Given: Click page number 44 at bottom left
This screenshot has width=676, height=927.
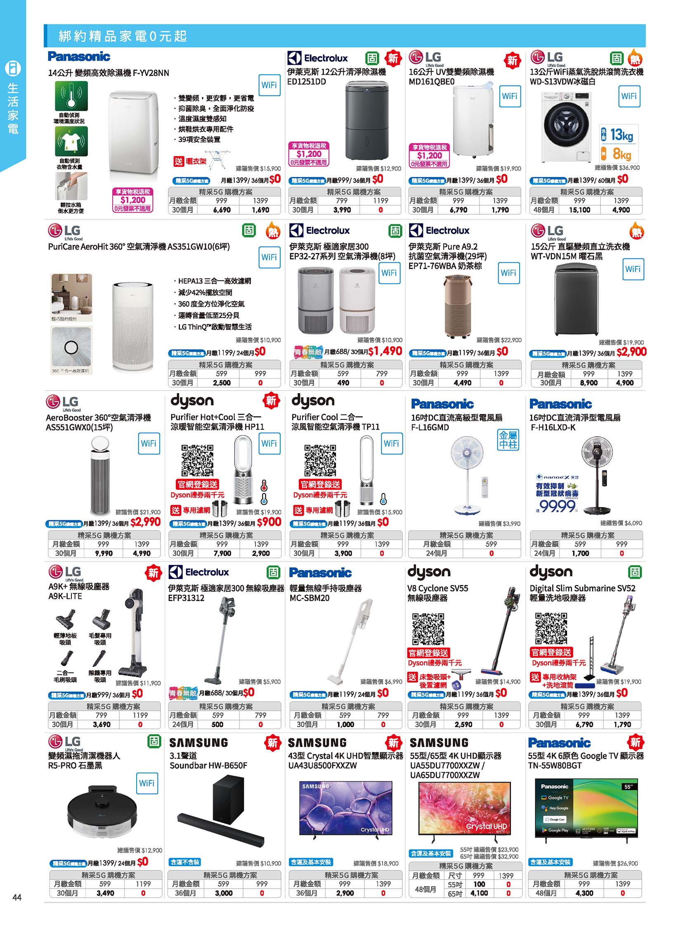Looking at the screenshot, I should tap(17, 897).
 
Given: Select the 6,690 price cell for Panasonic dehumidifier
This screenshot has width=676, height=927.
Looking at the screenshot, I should tap(222, 210).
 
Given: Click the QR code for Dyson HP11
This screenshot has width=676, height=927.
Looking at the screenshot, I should tap(198, 460).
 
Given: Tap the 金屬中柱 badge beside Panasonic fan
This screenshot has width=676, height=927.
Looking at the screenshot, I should tap(508, 440).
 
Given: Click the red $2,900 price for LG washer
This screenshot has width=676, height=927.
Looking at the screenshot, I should tap(631, 352).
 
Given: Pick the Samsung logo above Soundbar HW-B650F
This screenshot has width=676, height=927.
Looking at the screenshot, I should tap(199, 743).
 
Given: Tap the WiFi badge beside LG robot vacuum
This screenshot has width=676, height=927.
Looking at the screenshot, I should tap(147, 783).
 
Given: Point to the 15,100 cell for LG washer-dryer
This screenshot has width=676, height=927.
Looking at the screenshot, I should tap(579, 210).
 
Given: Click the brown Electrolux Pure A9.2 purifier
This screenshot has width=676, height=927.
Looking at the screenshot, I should tap(457, 305).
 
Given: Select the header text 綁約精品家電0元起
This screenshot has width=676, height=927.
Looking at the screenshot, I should tap(123, 36).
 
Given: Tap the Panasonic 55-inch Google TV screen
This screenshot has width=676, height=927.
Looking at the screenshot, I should tap(586, 808).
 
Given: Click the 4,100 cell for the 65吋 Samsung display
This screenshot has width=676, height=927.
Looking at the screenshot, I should tap(479, 893).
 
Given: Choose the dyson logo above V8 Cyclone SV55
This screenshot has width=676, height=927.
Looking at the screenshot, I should tap(428, 572).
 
